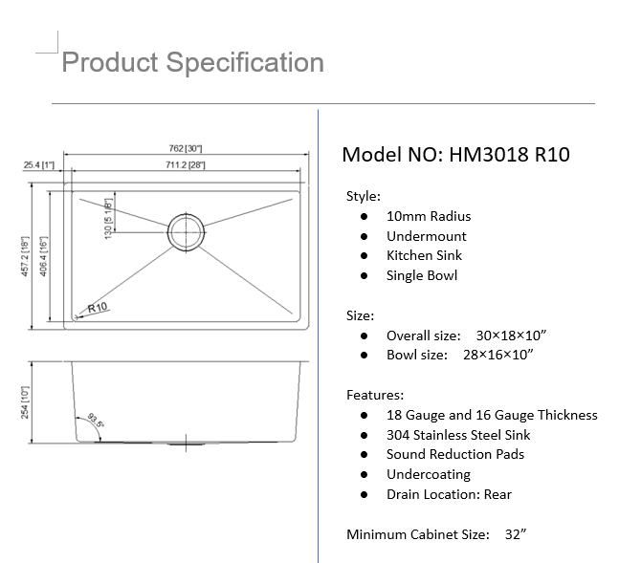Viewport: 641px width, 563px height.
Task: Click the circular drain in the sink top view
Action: pyautogui.click(x=186, y=230)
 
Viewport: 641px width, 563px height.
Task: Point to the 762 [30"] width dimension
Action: pyautogui.click(x=186, y=148)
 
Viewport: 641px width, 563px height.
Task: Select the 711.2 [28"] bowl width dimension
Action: pyautogui.click(x=186, y=165)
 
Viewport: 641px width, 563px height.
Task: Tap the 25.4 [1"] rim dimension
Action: pyautogui.click(x=38, y=165)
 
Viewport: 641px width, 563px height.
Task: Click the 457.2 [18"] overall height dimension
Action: pyautogui.click(x=34, y=255)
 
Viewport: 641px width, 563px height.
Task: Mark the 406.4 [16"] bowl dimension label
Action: pyautogui.click(x=51, y=255)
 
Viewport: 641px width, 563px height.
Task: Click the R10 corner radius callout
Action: pyautogui.click(x=97, y=308)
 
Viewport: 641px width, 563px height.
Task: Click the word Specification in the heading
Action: pyautogui.click(x=244, y=63)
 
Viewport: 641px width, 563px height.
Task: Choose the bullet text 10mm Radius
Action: pyautogui.click(x=429, y=216)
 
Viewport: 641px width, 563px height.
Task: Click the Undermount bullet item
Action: pyautogui.click(x=427, y=236)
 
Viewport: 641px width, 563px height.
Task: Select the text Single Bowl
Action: pyautogui.click(x=422, y=275)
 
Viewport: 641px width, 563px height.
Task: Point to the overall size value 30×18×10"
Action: pyautogui.click(x=511, y=336)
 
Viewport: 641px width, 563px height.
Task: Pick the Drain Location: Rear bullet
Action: pyautogui.click(x=449, y=494)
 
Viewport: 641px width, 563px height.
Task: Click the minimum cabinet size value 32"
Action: pyautogui.click(x=516, y=534)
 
